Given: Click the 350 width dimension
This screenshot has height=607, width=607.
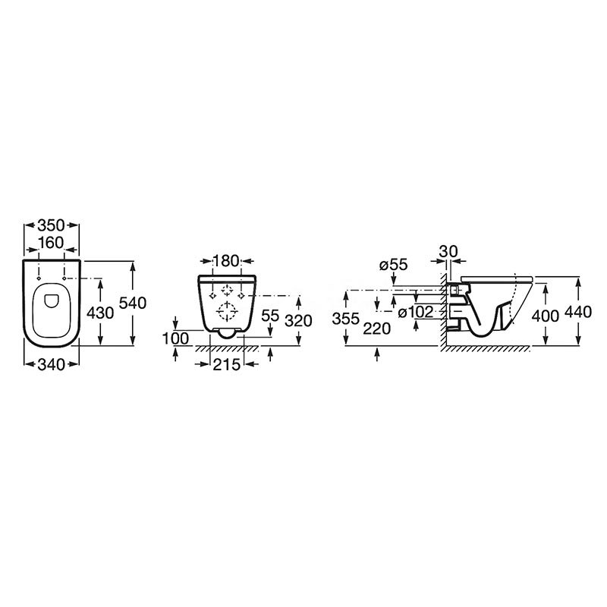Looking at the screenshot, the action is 51,225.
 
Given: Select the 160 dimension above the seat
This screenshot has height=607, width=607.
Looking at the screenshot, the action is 51,243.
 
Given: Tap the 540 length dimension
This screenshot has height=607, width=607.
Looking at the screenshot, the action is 132,303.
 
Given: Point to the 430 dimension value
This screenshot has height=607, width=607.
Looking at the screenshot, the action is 100,313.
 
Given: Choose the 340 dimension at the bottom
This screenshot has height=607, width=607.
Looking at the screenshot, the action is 51,364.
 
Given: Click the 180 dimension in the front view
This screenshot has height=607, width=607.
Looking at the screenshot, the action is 226,261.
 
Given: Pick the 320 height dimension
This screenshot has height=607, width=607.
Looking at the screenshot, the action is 298,320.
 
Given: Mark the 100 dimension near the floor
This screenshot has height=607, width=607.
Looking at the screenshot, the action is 176,338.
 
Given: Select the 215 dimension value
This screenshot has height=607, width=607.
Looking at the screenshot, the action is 226,364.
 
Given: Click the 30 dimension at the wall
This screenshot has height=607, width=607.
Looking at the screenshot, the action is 448,251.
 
